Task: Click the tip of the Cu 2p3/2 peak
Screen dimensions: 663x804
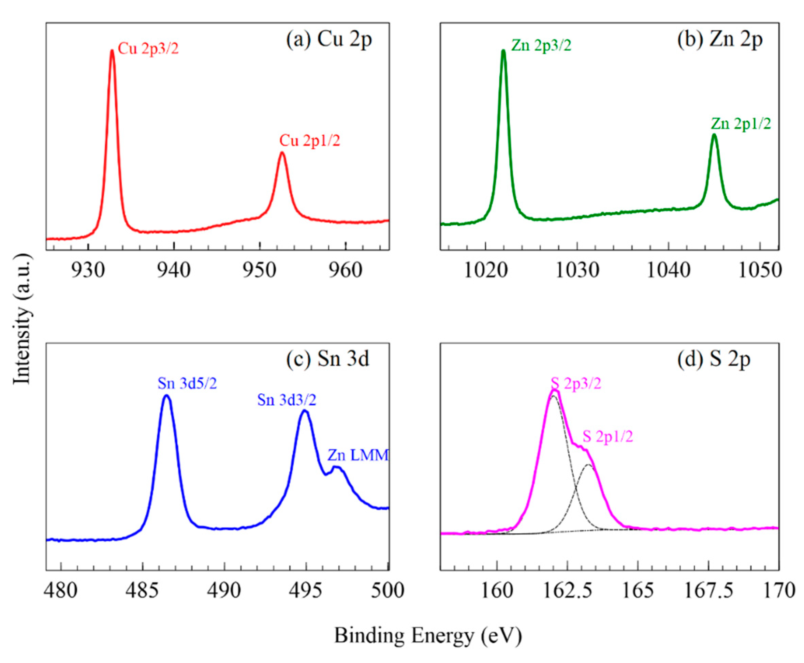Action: point(112,51)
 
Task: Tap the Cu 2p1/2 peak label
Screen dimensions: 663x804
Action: point(309,141)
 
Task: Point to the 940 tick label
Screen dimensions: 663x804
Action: point(174,270)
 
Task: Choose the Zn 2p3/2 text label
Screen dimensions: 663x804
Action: point(541,45)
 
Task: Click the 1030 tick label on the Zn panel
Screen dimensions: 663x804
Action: point(577,270)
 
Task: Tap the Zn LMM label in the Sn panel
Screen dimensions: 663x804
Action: point(358,455)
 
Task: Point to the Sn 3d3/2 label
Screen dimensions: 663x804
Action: point(287,400)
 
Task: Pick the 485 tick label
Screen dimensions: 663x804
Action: point(143,590)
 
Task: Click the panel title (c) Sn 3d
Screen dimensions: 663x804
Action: point(328,359)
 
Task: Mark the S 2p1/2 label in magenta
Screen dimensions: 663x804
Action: point(608,436)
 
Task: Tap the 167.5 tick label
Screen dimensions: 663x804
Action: point(708,590)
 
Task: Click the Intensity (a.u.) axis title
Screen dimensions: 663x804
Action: point(22,319)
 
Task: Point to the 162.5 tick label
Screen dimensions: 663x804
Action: point(567,590)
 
